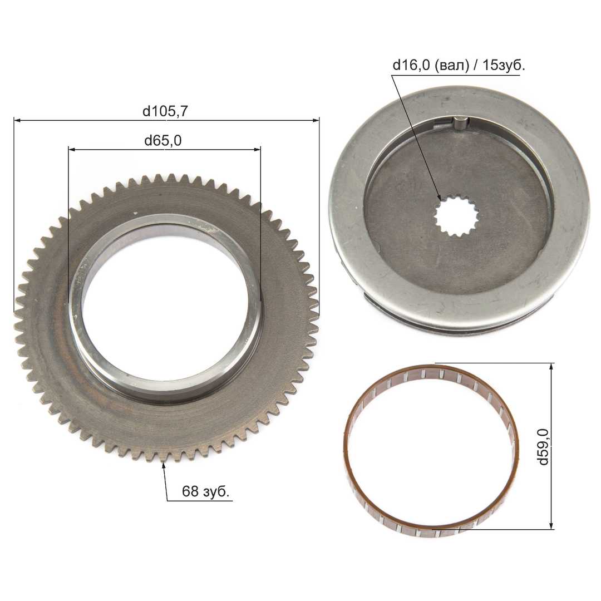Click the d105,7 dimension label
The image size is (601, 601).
point(165,111)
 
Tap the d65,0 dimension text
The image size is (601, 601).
point(163,141)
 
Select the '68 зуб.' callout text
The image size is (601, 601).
point(205,491)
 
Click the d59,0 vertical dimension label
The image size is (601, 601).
point(544,446)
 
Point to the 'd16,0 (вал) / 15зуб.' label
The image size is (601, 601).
point(459,65)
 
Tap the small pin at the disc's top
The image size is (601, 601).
point(460,124)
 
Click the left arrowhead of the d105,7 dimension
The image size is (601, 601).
point(17,120)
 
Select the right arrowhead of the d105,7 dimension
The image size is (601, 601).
point(316,120)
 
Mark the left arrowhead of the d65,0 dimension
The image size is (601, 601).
point(72,149)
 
